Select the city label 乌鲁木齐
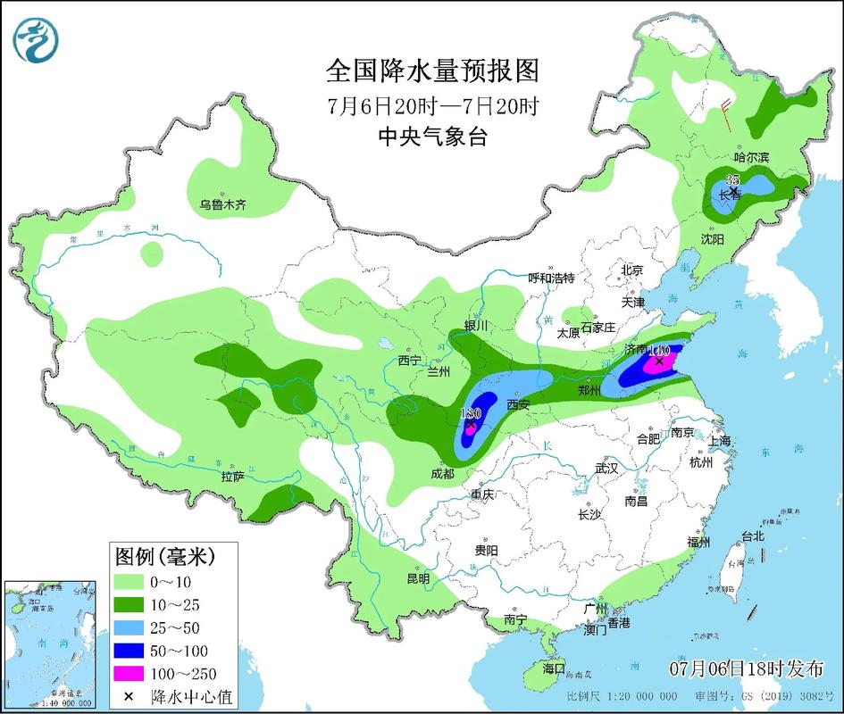[x=221, y=205]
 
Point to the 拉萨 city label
[x=232, y=477]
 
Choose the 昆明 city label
[x=418, y=578]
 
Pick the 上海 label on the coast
[x=719, y=441]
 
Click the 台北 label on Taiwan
[x=752, y=536]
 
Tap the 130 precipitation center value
[x=470, y=413]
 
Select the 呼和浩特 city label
[x=551, y=278]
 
